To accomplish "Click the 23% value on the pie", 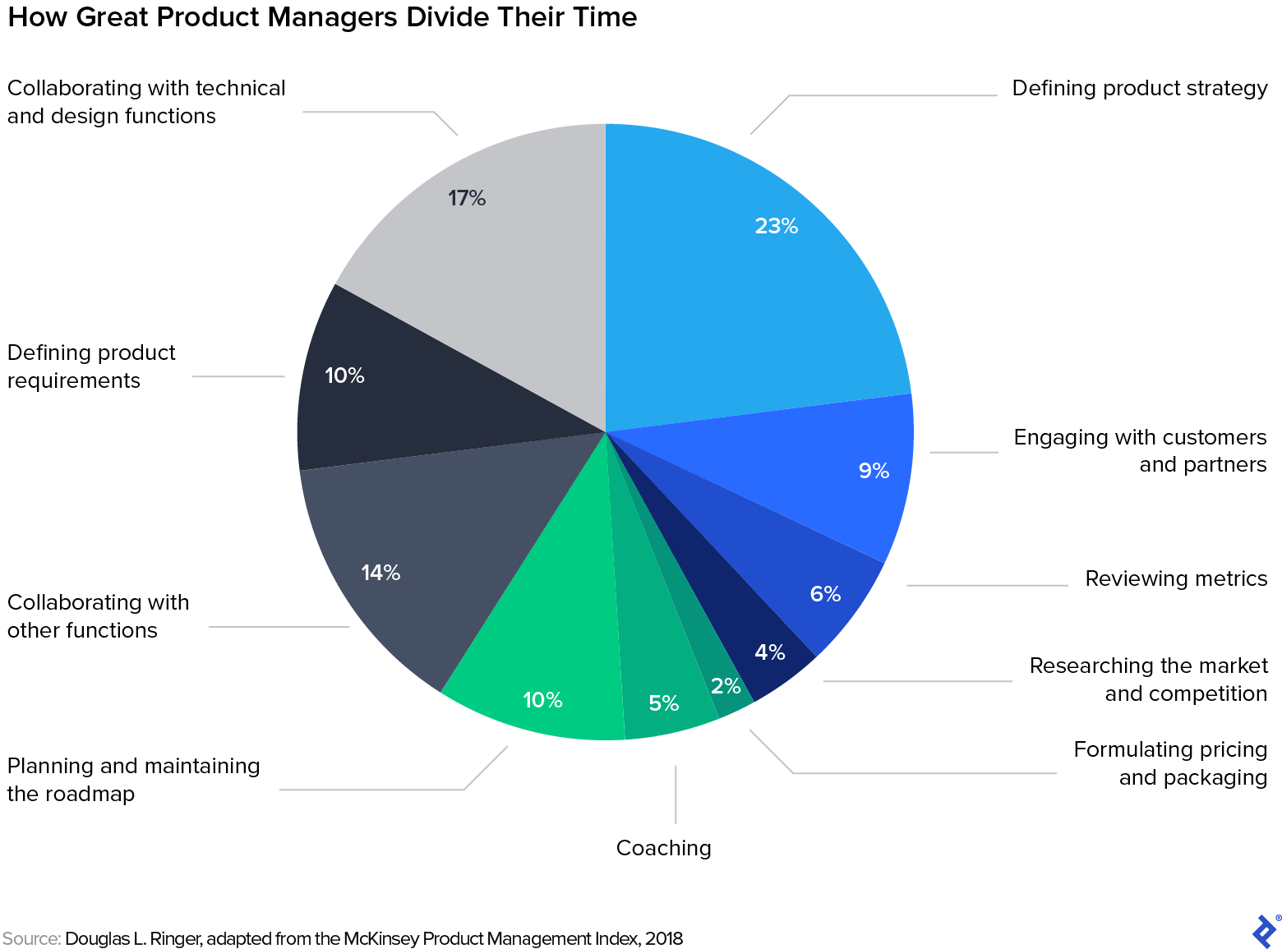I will (777, 226).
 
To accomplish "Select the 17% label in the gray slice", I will (467, 198).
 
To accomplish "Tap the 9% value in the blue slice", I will (874, 471).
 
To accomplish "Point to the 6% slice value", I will (825, 594).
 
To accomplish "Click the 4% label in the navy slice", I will (770, 652).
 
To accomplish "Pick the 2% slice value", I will (726, 686).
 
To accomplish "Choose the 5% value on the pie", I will (663, 703).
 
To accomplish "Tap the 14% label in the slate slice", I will (380, 573).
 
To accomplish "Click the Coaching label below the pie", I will (663, 848).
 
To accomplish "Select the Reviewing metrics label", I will (1176, 578).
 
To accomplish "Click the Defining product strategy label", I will (1139, 88).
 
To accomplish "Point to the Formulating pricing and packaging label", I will (1170, 763).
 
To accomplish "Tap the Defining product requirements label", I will (91, 366).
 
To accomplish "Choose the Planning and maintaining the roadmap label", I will (133, 780).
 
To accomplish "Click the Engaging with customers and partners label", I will (1140, 451).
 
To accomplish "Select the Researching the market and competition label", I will (1148, 680).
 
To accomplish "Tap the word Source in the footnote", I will (30, 938).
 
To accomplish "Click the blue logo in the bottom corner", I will (1264, 931).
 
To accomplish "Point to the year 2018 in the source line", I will (663, 938).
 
